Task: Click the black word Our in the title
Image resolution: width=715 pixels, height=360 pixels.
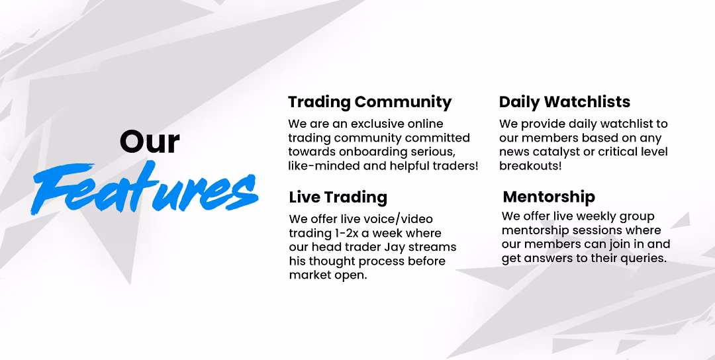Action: (x=150, y=142)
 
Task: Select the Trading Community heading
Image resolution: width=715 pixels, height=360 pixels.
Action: (x=370, y=102)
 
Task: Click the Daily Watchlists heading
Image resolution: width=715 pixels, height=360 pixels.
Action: (x=565, y=102)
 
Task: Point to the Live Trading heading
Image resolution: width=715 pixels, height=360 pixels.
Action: (x=338, y=197)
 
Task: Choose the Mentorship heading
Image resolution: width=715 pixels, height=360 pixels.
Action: (x=549, y=197)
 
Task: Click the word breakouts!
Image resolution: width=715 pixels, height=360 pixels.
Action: (x=530, y=166)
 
